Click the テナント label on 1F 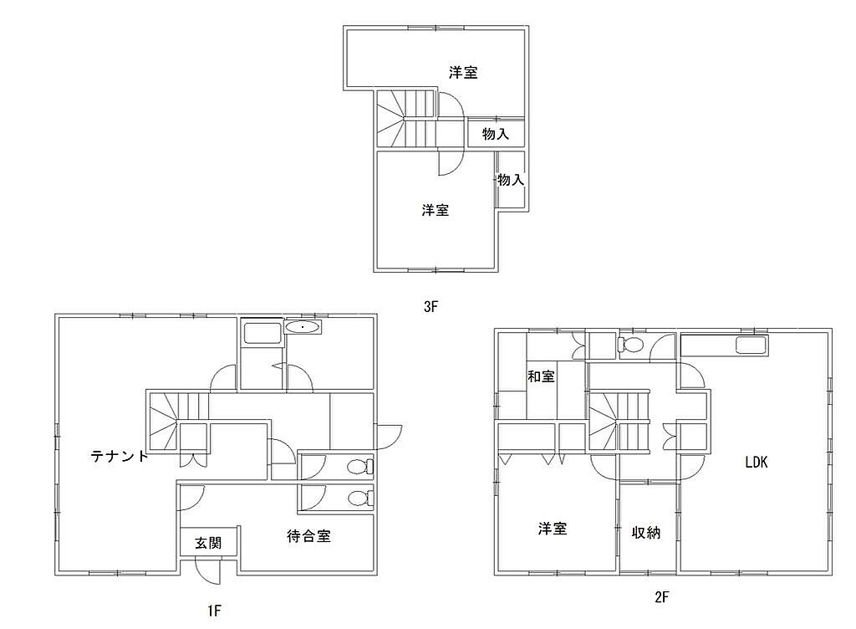click(120, 455)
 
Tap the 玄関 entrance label click(208, 543)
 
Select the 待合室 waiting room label click(308, 535)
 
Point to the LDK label click(756, 462)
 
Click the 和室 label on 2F click(541, 376)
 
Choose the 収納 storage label click(646, 532)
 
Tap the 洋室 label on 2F click(553, 528)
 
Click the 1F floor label click(214, 611)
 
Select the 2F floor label click(661, 596)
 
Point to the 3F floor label click(431, 306)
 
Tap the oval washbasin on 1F click(303, 327)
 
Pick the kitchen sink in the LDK click(752, 345)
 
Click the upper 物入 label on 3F click(495, 133)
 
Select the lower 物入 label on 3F click(511, 179)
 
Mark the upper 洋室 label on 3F click(463, 72)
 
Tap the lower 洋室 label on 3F click(435, 210)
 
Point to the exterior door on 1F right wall click(389, 437)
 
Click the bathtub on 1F click(262, 333)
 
